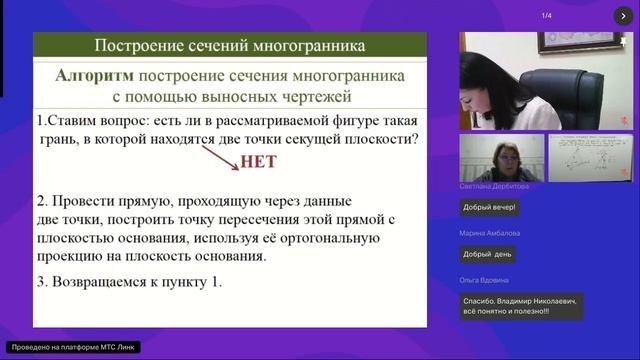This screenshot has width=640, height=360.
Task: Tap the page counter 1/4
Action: click(547, 15)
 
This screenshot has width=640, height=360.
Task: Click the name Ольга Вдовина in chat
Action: click(485, 280)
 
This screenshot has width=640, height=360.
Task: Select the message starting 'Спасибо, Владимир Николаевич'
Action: click(521, 305)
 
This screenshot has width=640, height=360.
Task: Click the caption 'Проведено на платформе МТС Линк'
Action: click(73, 347)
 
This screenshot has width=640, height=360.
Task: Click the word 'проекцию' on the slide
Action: click(75, 255)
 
